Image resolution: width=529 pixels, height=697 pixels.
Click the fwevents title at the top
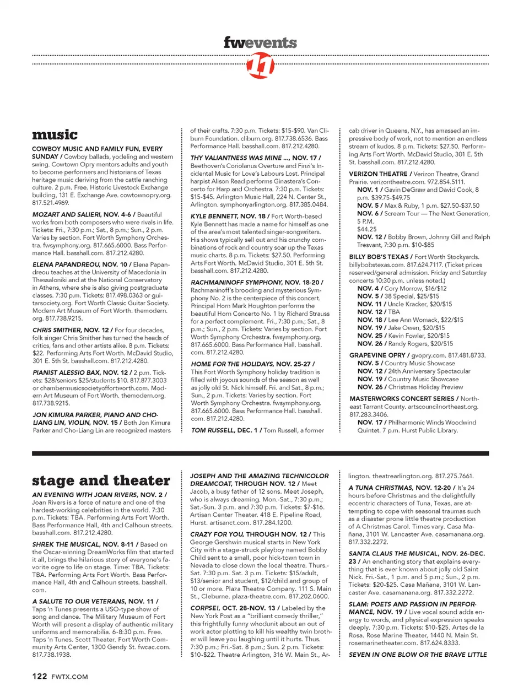260,42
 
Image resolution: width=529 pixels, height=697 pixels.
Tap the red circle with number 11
260,67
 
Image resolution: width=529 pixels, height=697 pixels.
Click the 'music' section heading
55,134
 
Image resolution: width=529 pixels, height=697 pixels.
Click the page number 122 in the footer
39,676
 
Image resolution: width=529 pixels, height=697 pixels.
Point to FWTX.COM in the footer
69,677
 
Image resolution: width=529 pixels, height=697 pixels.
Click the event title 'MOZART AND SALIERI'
67,214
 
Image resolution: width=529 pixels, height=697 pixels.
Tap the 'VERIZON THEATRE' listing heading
378,174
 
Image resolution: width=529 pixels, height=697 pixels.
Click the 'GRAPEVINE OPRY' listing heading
377,355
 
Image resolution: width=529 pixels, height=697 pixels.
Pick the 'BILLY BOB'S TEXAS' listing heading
379,257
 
